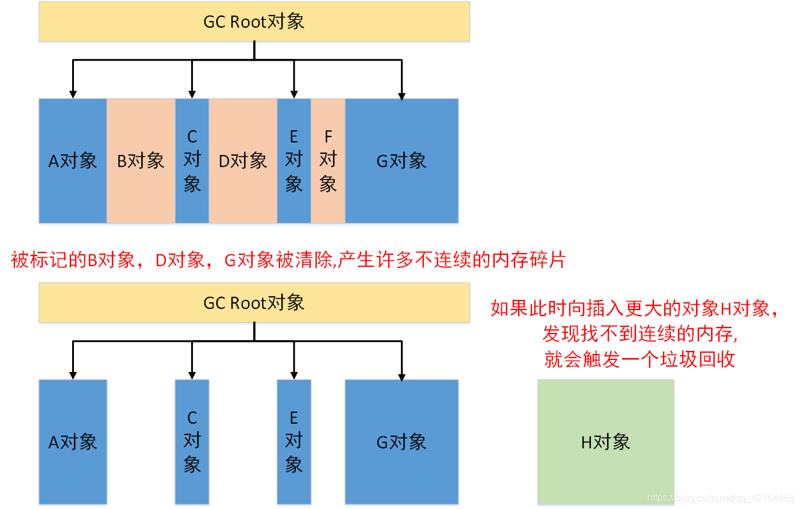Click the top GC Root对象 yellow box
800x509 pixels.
(254, 22)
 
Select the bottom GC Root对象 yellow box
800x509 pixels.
(254, 302)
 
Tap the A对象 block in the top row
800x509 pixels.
(73, 160)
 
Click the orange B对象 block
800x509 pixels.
(141, 160)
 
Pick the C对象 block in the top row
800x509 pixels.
(192, 160)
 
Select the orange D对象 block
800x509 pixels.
(243, 160)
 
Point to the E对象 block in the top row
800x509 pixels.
(293, 160)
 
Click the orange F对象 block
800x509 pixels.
(328, 160)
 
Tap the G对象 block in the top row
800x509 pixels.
(402, 160)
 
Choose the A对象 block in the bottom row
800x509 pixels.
(73, 442)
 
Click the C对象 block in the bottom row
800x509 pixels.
(192, 442)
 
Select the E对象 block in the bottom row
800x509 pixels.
(293, 442)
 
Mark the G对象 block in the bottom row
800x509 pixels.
(402, 442)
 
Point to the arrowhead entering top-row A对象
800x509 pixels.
(73, 94)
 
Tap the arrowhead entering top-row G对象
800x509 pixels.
(402, 95)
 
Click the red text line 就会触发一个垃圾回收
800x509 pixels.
(640, 359)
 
